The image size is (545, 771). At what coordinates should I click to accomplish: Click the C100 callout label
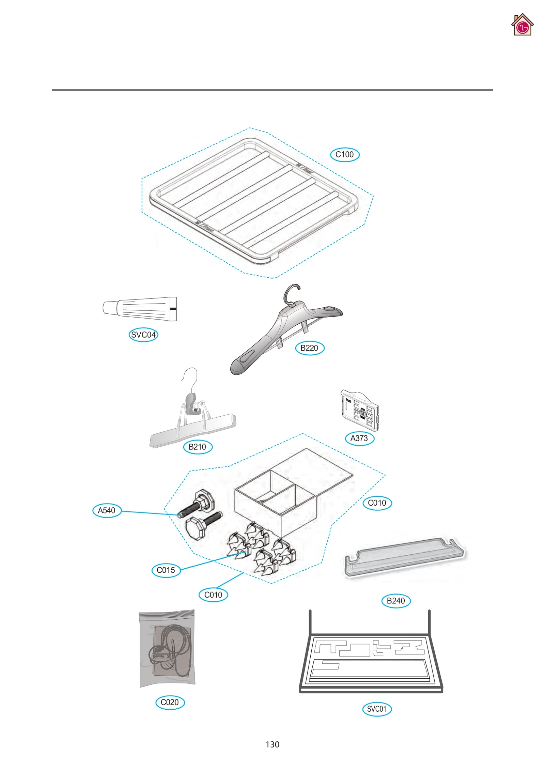tap(344, 154)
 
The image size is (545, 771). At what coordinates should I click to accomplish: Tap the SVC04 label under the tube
tap(143, 335)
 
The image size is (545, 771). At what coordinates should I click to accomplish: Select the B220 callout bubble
tap(309, 348)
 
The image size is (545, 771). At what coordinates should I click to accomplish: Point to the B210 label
tap(198, 447)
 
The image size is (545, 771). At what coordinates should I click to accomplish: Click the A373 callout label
tap(359, 438)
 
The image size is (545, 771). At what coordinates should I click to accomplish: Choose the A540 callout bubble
tap(107, 510)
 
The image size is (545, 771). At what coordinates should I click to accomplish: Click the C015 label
tap(166, 570)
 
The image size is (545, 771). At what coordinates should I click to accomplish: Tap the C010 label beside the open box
tap(377, 503)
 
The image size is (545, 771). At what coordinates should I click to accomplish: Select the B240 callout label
tap(396, 601)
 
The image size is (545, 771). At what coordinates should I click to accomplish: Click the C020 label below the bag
tap(170, 702)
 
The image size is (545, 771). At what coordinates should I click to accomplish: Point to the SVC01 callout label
tap(377, 709)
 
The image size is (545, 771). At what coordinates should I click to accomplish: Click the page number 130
tap(272, 744)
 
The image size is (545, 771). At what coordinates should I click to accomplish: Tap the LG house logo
tap(522, 25)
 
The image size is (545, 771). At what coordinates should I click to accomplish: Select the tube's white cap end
tap(110, 308)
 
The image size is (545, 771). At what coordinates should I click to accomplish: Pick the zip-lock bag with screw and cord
tap(167, 649)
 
